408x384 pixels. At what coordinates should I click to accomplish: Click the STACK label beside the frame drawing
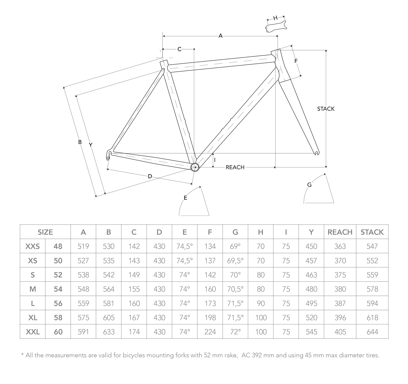tap(326, 109)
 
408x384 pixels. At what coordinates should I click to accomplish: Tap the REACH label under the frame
tap(235, 167)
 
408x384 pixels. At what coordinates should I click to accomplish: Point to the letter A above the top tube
tap(220, 36)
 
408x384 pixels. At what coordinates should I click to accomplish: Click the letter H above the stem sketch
tap(275, 18)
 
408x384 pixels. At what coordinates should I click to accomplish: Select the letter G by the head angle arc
tap(309, 185)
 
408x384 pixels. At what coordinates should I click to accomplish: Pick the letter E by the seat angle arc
tap(186, 198)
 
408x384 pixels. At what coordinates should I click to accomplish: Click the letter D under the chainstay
tap(150, 176)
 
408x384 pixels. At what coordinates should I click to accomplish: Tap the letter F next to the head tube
tap(296, 61)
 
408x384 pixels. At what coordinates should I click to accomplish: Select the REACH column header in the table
tap(340, 232)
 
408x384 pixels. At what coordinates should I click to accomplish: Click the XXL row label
tap(33, 332)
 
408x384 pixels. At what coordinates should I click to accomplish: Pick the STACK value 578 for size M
tap(372, 289)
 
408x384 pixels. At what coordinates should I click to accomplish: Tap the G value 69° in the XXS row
tap(235, 246)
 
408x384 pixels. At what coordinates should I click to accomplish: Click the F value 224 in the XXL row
tap(210, 332)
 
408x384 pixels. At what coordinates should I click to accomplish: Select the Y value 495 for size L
tap(311, 303)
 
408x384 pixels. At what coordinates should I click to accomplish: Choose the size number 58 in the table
tap(58, 318)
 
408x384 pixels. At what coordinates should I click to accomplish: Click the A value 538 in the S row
tap(83, 275)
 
